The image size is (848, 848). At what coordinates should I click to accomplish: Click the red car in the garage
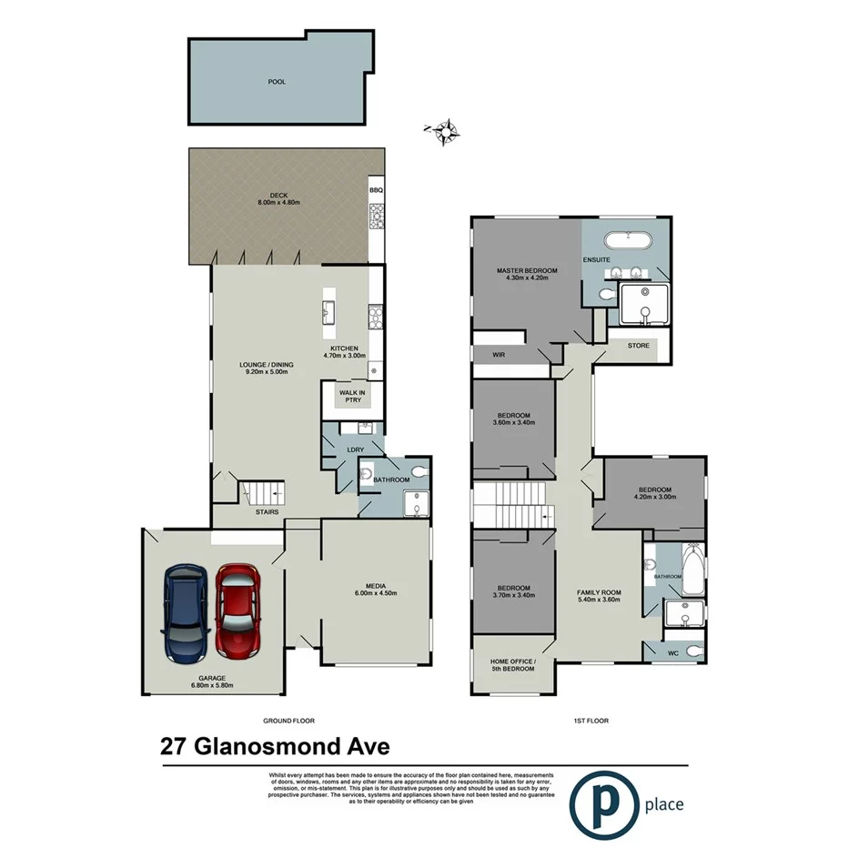pyautogui.click(x=237, y=611)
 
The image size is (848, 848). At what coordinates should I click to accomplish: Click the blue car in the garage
pyautogui.click(x=186, y=611)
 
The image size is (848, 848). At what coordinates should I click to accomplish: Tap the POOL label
pyautogui.click(x=277, y=82)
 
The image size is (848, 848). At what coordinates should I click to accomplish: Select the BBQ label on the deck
pyautogui.click(x=376, y=190)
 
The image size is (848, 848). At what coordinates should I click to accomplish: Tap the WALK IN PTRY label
pyautogui.click(x=352, y=398)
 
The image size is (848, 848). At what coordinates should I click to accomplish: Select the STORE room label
pyautogui.click(x=638, y=346)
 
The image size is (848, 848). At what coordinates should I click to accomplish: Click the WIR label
pyautogui.click(x=499, y=354)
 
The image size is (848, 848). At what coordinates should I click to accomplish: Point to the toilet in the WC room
pyautogui.click(x=693, y=651)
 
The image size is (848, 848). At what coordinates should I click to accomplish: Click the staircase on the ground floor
pyautogui.click(x=263, y=494)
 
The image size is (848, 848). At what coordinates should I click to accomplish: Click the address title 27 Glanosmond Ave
pyautogui.click(x=275, y=747)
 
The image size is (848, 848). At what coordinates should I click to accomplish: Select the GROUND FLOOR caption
pyautogui.click(x=288, y=721)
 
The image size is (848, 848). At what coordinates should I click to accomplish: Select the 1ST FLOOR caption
pyautogui.click(x=591, y=721)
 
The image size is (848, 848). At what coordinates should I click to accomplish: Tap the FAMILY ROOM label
pyautogui.click(x=597, y=596)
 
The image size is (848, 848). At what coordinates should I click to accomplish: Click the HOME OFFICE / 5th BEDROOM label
pyautogui.click(x=513, y=664)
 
